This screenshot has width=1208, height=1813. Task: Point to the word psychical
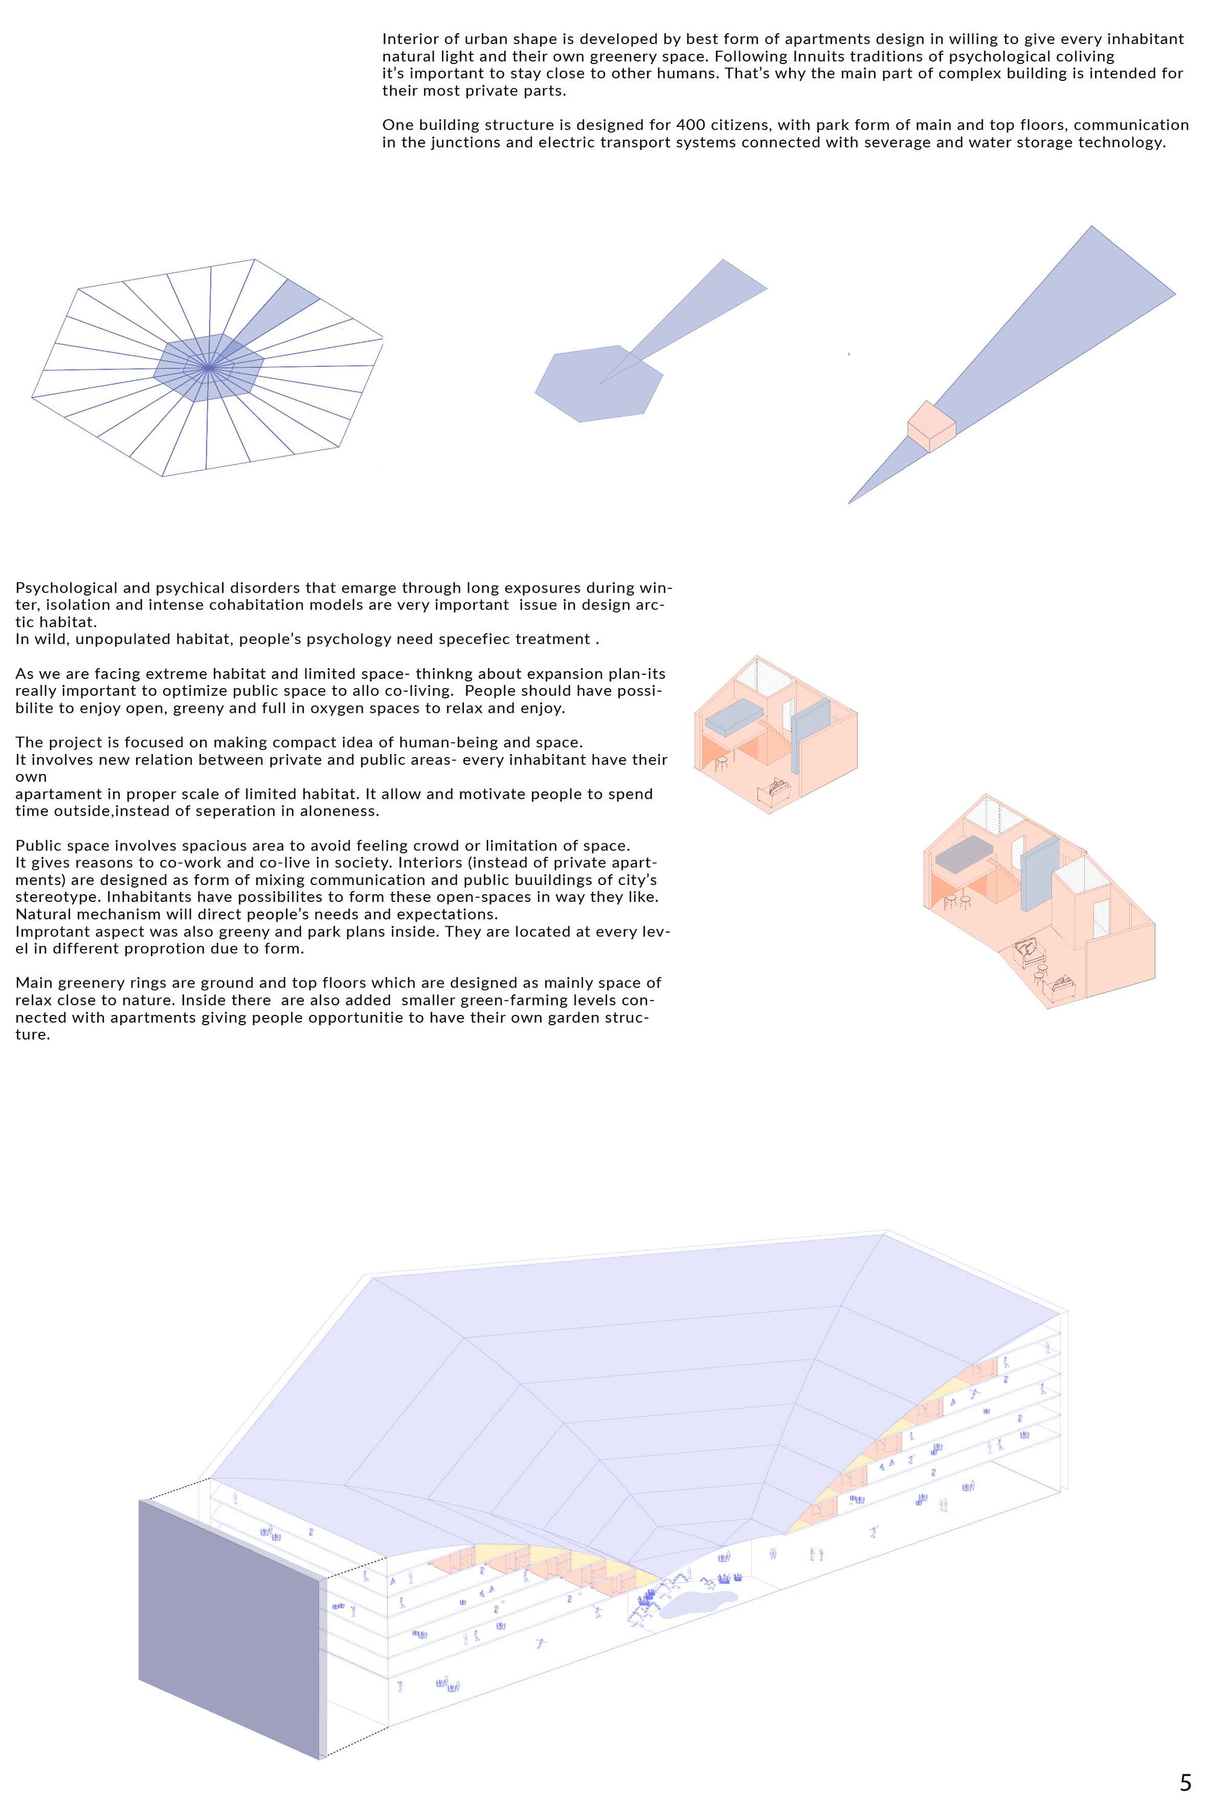click(x=207, y=588)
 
